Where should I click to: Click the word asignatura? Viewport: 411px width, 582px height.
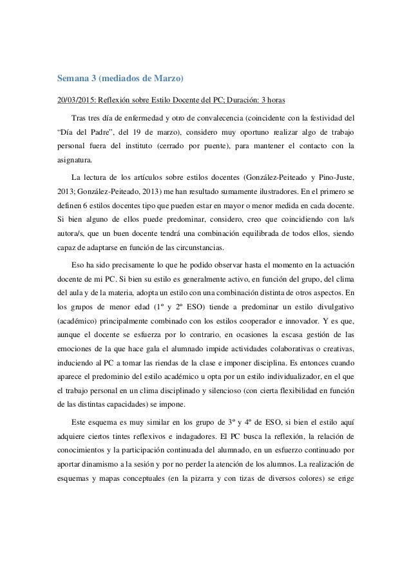pyautogui.click(x=73, y=160)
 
